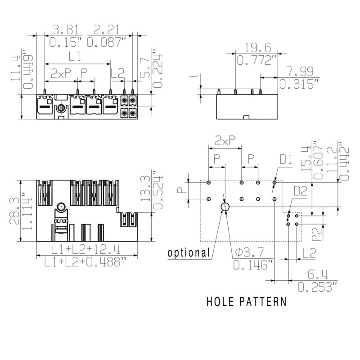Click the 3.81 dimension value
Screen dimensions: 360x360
pos(66,30)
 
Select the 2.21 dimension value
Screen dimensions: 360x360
pos(107,30)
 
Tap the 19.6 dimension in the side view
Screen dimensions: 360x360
pos(257,48)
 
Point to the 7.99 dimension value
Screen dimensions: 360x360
pos(300,72)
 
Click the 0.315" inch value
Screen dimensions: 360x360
pos(299,84)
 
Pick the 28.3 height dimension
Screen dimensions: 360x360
pos(14,211)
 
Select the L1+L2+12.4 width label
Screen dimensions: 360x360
pos(85,249)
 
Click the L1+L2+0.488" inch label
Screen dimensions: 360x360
pos(85,262)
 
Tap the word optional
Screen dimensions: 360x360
pos(189,253)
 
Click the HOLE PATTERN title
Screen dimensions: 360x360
pos(247,301)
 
